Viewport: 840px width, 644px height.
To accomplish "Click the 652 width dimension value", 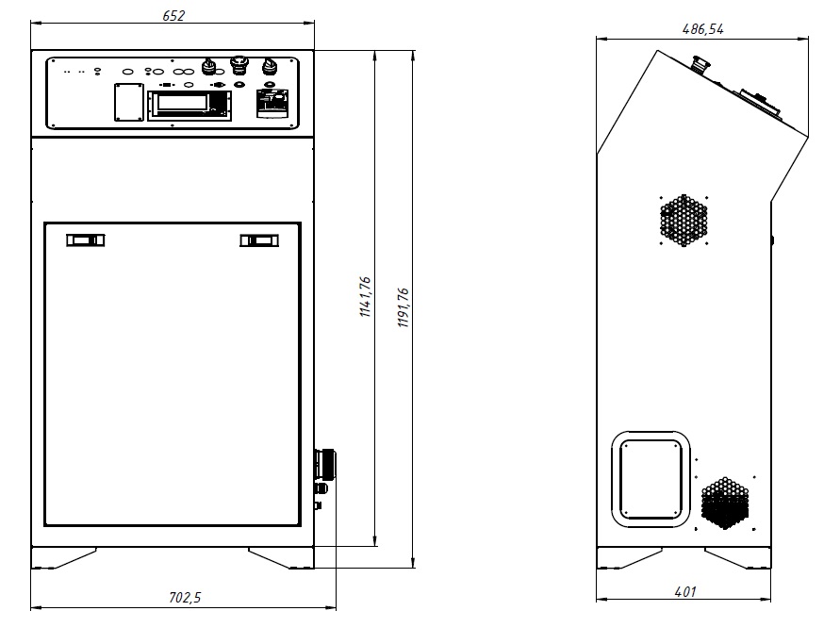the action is point(173,15).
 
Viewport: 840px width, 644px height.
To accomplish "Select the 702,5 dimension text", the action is point(185,598).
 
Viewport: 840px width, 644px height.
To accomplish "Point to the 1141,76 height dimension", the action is point(365,297).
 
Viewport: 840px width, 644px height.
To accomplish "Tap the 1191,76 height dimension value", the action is point(404,307).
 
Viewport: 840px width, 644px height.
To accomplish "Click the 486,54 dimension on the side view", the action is point(703,29).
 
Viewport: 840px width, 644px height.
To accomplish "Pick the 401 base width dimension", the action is point(685,592).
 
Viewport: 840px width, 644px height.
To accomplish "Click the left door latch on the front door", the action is point(86,240).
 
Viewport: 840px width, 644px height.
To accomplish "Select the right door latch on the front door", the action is point(259,240).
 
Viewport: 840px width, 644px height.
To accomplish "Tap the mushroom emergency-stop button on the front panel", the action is point(239,65).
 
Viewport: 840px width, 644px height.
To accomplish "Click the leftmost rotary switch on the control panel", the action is point(209,66).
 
